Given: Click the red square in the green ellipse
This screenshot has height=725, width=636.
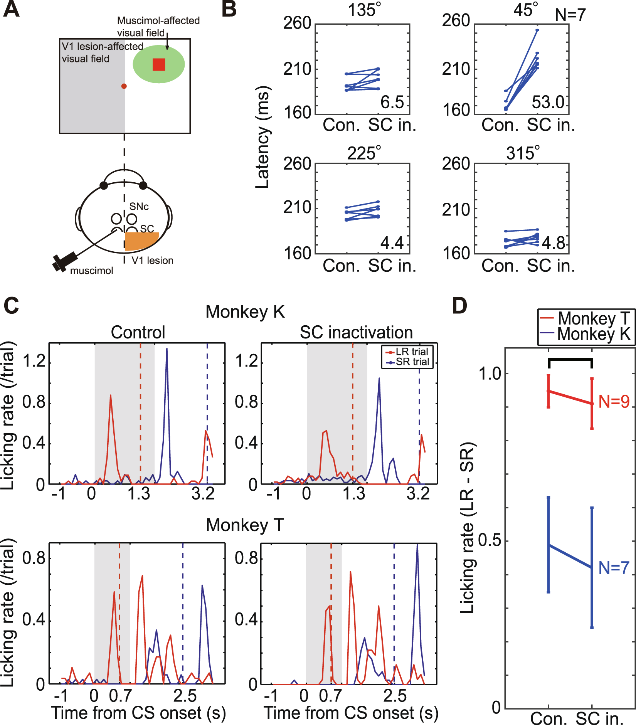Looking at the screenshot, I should click(x=158, y=64).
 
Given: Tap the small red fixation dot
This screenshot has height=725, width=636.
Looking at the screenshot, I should click(x=124, y=86).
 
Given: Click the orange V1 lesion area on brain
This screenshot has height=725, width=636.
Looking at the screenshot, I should click(x=140, y=241).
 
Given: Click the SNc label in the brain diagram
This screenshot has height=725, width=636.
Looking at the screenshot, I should click(x=139, y=207).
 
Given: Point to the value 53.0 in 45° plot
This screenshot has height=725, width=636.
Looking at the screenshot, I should click(x=548, y=103).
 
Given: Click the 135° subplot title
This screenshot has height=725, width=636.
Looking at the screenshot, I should click(x=364, y=10).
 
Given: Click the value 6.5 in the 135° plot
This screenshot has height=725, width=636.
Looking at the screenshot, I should click(x=392, y=103).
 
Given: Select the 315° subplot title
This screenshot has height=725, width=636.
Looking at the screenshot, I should click(x=523, y=153).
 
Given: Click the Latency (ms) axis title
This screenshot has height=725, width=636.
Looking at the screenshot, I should click(x=263, y=137).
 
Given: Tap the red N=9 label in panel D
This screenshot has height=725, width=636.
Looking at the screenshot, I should click(x=614, y=402).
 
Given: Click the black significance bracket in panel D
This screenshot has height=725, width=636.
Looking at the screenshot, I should click(x=570, y=360).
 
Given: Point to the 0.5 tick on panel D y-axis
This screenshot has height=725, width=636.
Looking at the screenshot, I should click(x=491, y=541).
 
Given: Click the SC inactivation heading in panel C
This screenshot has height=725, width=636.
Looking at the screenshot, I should click(x=356, y=332).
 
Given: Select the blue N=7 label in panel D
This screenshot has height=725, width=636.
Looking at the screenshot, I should click(x=614, y=568).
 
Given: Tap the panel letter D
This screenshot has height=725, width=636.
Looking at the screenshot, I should click(x=459, y=306).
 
